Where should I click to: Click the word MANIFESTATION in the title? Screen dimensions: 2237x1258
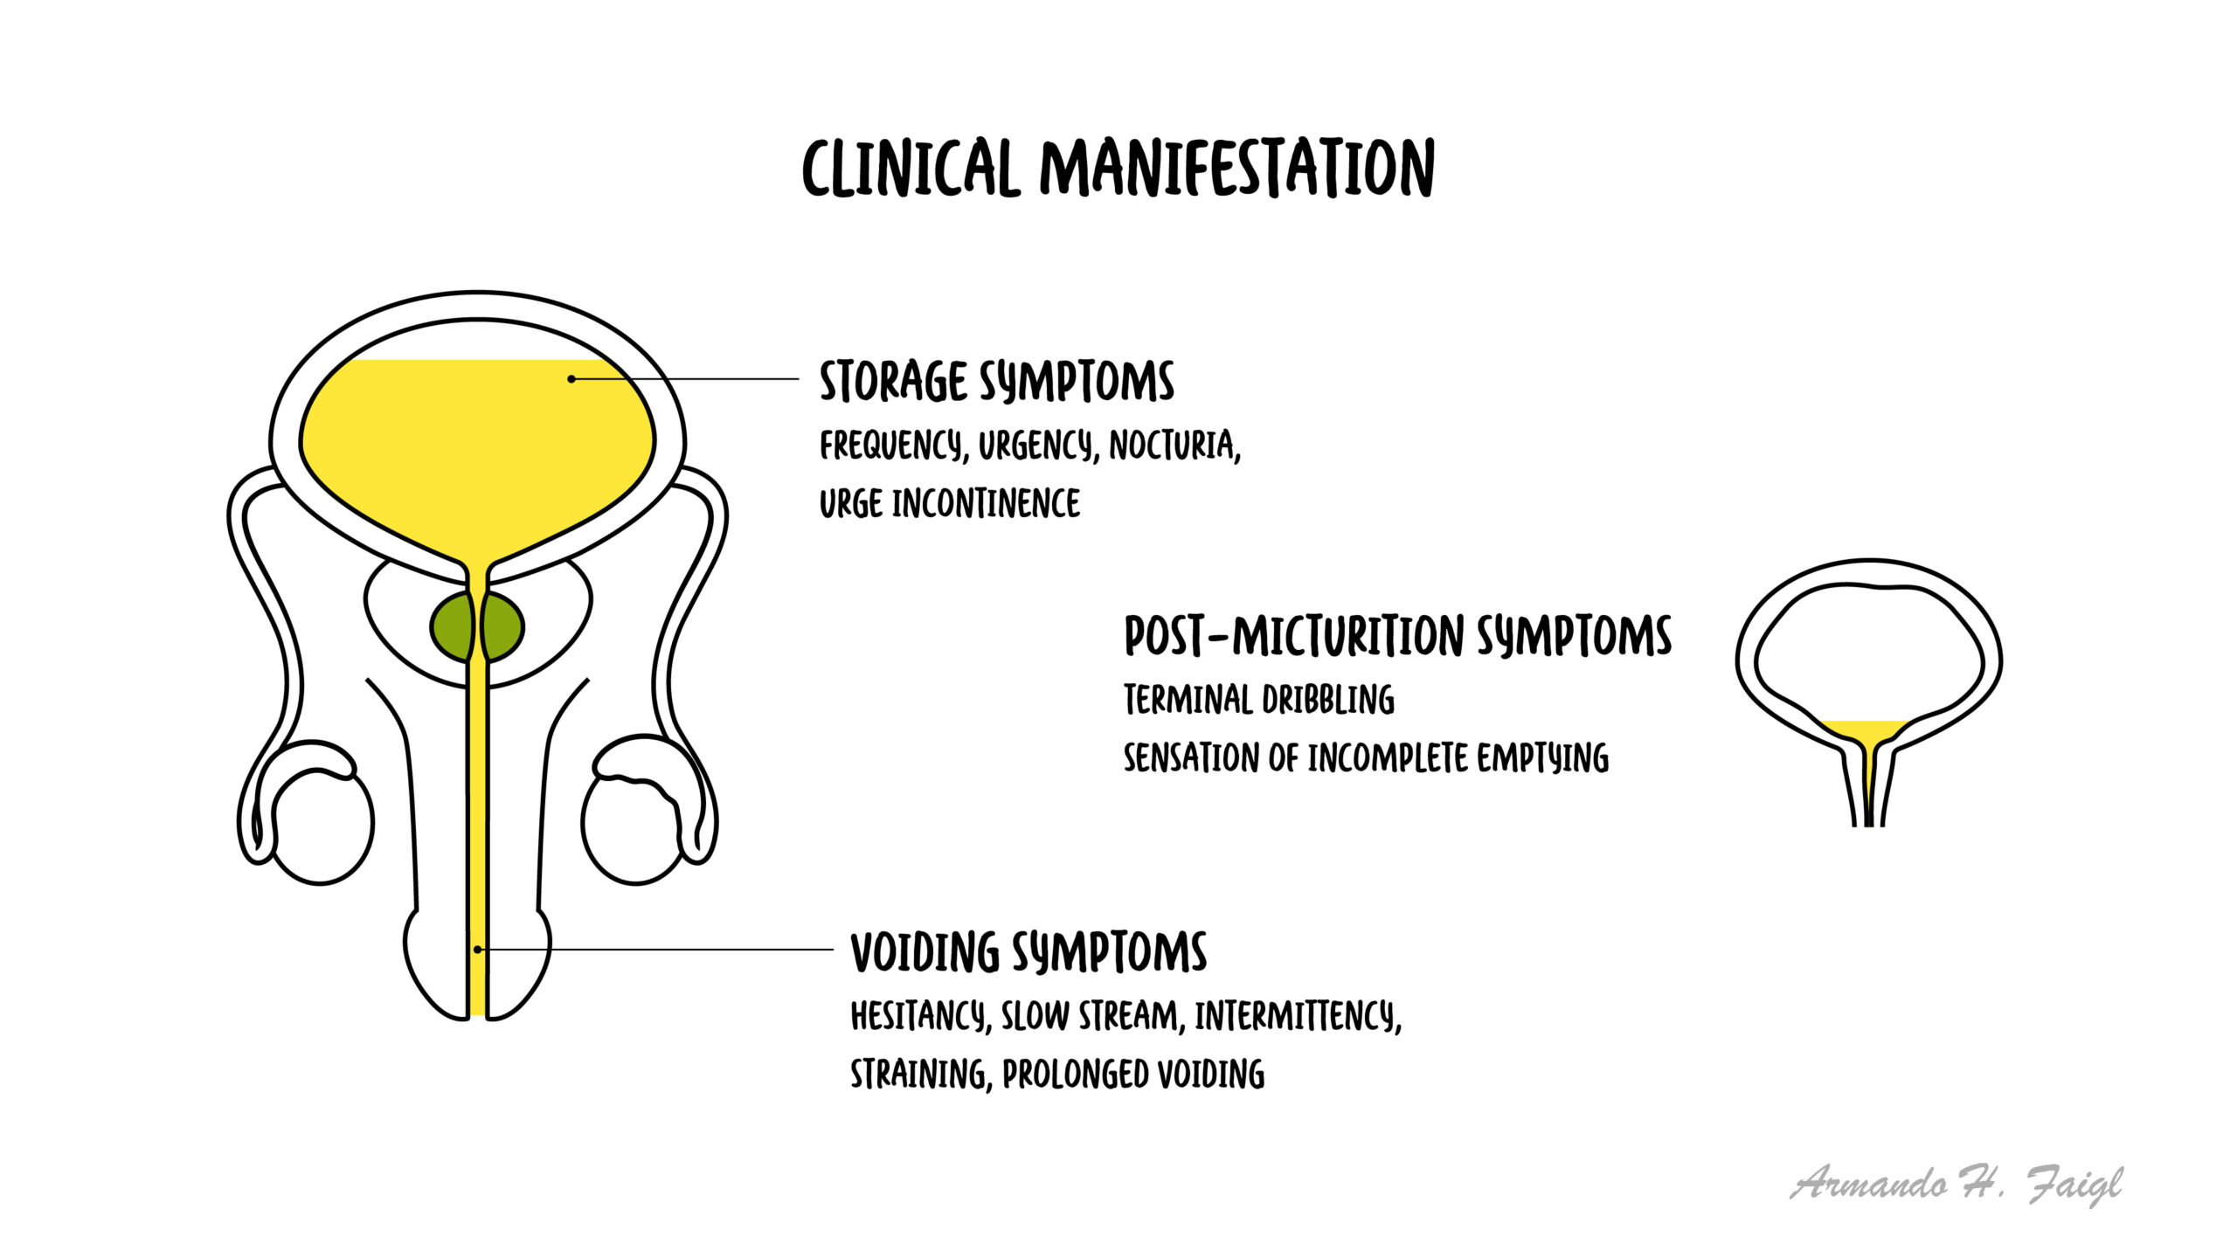(1237, 167)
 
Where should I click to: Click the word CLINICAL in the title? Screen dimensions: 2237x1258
(911, 167)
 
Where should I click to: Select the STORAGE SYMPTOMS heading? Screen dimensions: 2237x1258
(997, 381)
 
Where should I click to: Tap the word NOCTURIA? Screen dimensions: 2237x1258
(1175, 446)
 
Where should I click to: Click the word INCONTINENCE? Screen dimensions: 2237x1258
(986, 503)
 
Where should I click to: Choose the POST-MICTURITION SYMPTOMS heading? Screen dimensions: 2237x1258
(1397, 635)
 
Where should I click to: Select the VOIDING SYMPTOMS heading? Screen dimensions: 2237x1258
(1028, 951)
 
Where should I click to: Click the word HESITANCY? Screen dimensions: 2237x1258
(921, 1016)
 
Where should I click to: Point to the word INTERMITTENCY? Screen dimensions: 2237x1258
(1299, 1016)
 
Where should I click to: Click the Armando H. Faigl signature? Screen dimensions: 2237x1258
(1957, 1185)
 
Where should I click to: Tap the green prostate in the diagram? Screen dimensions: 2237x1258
(477, 626)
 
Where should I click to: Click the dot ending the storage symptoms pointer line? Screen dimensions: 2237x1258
(571, 379)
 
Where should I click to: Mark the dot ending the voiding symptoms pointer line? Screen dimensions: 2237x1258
(477, 949)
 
